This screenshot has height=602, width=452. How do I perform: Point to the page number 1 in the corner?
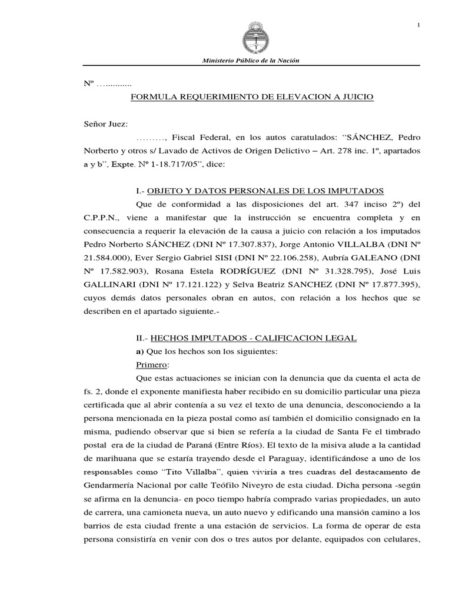click(418, 24)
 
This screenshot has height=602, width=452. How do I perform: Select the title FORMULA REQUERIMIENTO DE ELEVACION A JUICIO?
click(252, 96)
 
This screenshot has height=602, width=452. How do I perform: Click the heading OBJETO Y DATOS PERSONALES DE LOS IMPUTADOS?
click(265, 191)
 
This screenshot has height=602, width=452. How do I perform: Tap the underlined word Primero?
click(152, 364)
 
